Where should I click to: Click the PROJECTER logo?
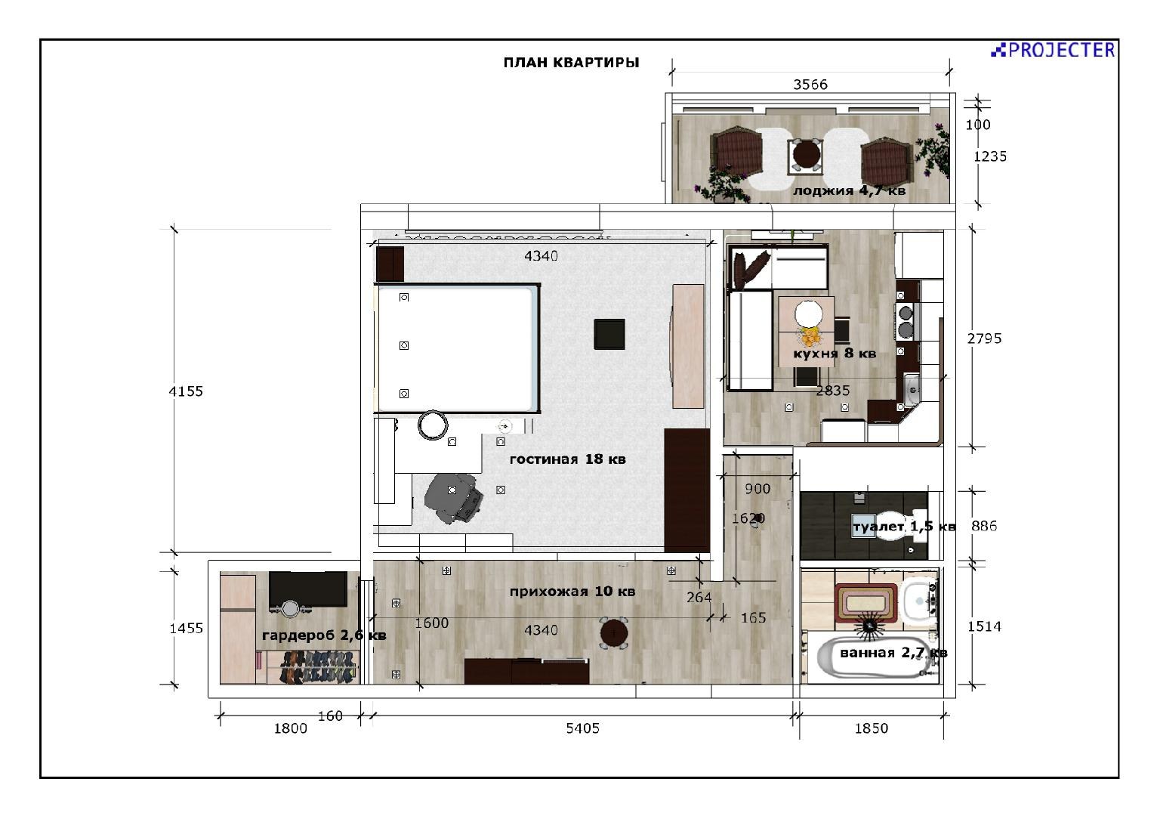coord(1053,50)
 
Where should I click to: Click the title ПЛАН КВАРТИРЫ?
coord(571,63)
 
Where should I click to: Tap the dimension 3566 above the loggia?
coord(810,85)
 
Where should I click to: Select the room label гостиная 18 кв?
coord(568,459)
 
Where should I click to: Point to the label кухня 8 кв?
coord(835,354)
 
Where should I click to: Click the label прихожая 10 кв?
coord(572,592)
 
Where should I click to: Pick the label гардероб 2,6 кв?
coord(324,635)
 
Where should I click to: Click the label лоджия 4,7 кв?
coord(849,190)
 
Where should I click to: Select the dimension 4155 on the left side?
coord(186,391)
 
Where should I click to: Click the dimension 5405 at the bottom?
coord(583,728)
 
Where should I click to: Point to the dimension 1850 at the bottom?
coord(872,728)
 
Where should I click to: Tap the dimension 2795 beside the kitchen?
coord(985,338)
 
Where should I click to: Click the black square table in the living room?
coord(609,334)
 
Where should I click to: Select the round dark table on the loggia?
coord(807,153)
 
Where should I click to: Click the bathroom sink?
coord(921,601)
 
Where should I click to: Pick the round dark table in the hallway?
coord(613,632)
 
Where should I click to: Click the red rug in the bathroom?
coord(866,603)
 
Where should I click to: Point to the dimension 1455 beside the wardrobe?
coord(186,629)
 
